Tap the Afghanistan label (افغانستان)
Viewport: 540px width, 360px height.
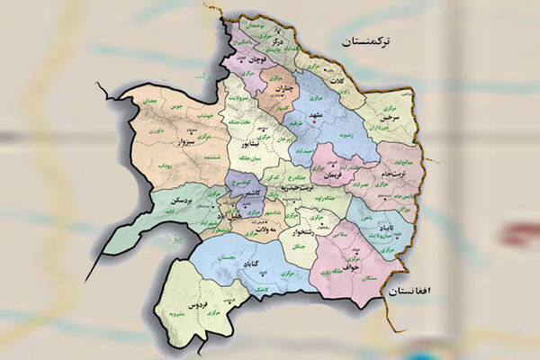(413, 292)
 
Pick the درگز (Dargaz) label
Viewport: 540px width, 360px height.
(278, 41)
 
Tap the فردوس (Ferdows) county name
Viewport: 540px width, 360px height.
(199, 298)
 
